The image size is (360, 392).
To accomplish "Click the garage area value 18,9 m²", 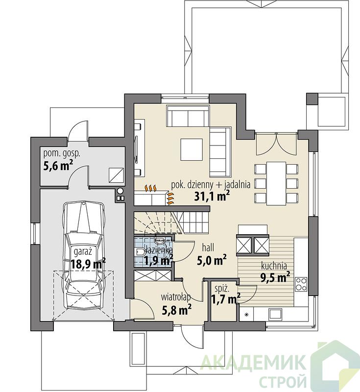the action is (x=88, y=264).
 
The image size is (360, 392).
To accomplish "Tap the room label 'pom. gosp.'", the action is (x=62, y=153).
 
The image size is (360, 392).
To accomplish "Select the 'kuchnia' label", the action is (x=274, y=266).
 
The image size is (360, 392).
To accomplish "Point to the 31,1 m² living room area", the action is (x=212, y=196).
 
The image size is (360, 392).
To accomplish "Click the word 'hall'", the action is (x=208, y=248).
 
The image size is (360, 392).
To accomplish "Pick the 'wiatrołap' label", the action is (x=176, y=297).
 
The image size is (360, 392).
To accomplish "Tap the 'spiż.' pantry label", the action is (x=222, y=289).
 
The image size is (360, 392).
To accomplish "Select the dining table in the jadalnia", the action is (x=276, y=183).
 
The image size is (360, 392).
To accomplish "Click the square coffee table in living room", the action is (x=192, y=149).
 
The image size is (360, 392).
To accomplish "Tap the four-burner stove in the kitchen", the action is (x=301, y=284).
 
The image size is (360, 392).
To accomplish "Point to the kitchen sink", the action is (x=275, y=315).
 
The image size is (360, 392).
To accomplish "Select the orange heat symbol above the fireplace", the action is (x=151, y=188).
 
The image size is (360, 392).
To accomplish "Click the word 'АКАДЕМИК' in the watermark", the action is (x=253, y=362).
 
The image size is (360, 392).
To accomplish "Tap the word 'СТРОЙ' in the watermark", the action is (x=283, y=381).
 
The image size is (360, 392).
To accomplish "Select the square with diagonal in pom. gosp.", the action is (x=117, y=175).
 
